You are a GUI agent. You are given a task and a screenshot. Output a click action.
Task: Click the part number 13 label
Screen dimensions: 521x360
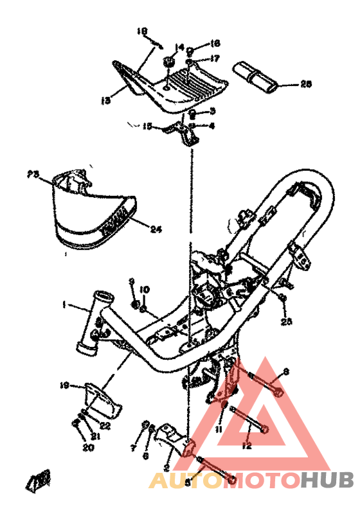tap(106, 99)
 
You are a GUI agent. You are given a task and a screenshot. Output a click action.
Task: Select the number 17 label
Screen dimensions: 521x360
tap(215, 58)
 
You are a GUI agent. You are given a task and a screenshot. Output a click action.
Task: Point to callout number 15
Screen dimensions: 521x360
tap(147, 127)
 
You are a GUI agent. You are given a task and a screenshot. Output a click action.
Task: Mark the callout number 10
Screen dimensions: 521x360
tap(145, 289)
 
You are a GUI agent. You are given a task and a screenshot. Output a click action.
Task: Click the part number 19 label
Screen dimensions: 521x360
tap(64, 385)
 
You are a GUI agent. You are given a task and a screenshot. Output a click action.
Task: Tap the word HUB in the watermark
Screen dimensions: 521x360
tap(328, 479)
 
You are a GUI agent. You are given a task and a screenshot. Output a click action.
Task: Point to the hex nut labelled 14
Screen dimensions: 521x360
tap(169, 62)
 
